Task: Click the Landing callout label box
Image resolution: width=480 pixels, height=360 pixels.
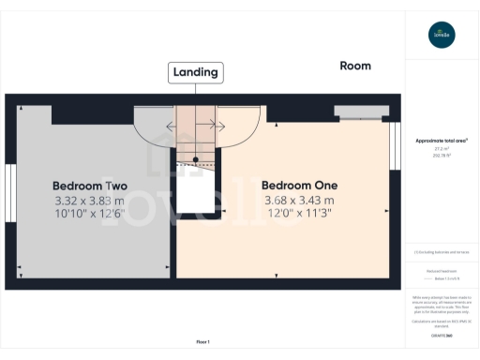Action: pos(195,71)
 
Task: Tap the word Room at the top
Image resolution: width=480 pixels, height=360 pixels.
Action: pos(355,66)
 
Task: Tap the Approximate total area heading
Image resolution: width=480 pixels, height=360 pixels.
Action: pos(442,141)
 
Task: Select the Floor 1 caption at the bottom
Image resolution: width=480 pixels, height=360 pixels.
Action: pos(202,341)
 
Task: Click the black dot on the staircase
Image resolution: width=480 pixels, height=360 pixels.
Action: pos(195,158)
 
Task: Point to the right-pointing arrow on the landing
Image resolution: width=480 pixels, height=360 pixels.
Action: pos(219,125)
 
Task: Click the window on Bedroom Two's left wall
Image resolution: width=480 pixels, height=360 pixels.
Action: pos(9,191)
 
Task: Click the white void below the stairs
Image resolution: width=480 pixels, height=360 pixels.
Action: pos(196,192)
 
